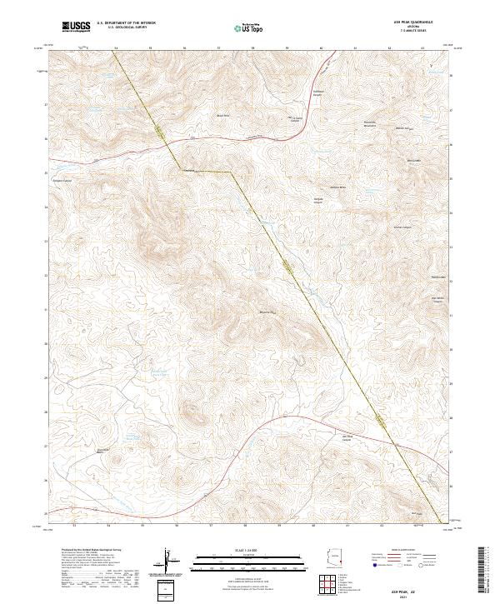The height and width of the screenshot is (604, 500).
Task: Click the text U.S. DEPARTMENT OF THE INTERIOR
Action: pos(125,23)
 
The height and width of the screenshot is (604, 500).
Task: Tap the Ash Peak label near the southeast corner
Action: pos(419,514)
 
